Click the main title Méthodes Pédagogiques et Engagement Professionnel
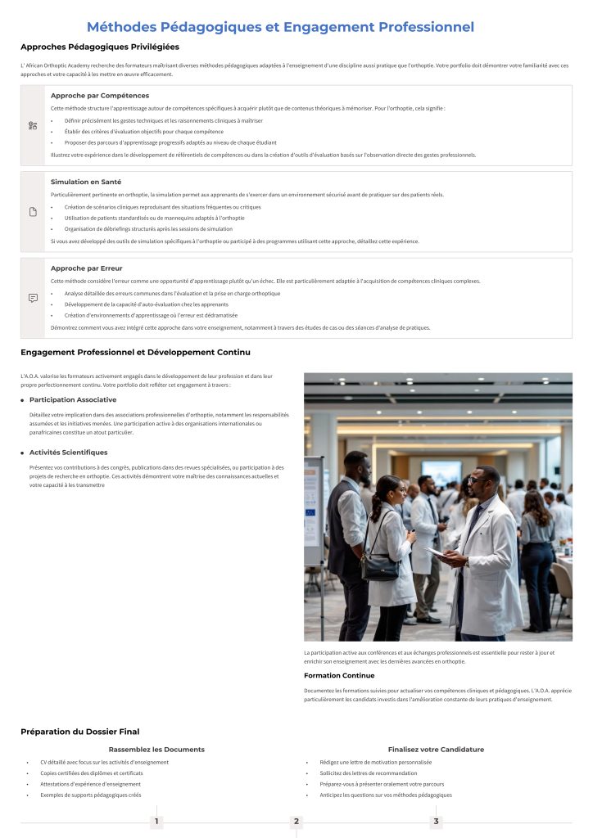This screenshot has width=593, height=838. click(280, 27)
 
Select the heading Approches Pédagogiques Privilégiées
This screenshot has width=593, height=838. click(100, 47)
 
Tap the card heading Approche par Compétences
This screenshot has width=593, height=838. click(100, 96)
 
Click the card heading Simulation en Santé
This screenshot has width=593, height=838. click(86, 182)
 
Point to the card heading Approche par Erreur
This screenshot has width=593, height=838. click(86, 268)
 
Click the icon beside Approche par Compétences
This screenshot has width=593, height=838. click(33, 125)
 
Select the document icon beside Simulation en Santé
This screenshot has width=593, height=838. click(33, 212)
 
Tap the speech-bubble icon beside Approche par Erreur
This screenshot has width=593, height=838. click(33, 298)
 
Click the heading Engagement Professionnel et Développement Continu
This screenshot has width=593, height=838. click(135, 352)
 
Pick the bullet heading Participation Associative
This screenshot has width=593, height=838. click(73, 399)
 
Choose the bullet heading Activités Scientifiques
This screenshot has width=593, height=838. click(68, 452)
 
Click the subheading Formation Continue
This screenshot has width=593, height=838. click(339, 675)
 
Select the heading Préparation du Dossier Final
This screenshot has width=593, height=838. click(80, 732)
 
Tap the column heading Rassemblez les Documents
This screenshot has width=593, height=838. click(156, 749)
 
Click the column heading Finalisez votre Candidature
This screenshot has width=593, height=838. click(436, 749)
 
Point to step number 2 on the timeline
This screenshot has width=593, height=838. click(296, 821)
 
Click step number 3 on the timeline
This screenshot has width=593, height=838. click(436, 821)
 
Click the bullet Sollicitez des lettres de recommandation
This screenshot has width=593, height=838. click(363, 773)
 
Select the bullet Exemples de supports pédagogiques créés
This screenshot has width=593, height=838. click(91, 795)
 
